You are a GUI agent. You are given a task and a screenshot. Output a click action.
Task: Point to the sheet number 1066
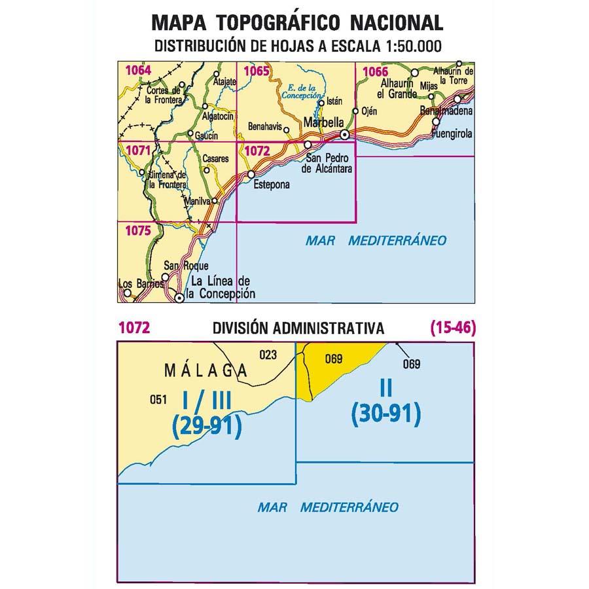click(x=375, y=71)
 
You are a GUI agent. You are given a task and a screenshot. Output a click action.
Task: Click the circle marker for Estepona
click(x=251, y=175)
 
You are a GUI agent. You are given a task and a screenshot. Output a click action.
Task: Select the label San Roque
click(x=186, y=266)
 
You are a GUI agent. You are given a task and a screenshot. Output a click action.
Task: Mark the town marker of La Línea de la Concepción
click(x=179, y=298)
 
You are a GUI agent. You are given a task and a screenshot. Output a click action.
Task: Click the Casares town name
click(x=215, y=158)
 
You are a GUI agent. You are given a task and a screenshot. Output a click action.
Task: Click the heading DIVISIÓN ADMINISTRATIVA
click(x=298, y=329)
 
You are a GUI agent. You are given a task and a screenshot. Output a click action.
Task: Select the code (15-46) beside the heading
click(x=452, y=329)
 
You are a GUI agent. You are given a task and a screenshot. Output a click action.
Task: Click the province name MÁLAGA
click(x=200, y=371)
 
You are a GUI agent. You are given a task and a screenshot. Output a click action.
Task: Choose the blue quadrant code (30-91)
click(x=385, y=414)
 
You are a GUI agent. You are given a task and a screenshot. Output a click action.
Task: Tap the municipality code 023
click(x=268, y=355)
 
